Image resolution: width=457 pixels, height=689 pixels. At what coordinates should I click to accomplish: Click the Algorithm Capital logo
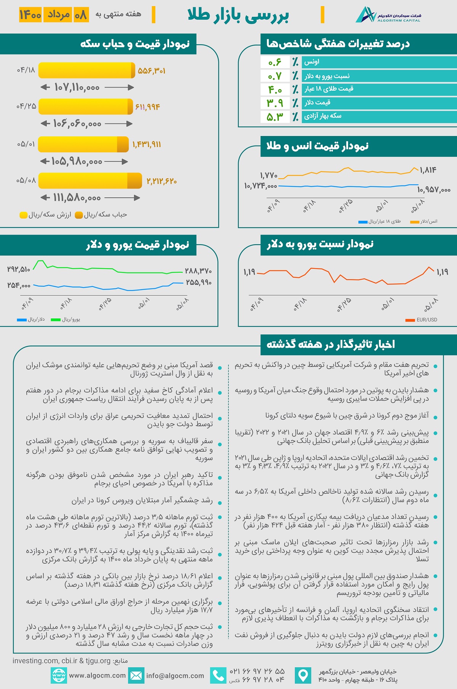click(388, 15)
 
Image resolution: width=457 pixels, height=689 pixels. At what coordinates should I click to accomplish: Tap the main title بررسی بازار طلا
click(238, 15)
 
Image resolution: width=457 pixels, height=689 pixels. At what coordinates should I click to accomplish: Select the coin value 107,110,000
click(77, 88)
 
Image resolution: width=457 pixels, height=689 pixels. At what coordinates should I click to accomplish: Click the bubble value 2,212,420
click(161, 181)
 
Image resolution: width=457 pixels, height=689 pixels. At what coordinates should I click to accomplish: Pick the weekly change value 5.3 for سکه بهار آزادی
click(275, 117)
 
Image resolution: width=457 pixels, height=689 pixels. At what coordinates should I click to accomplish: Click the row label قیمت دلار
click(317, 102)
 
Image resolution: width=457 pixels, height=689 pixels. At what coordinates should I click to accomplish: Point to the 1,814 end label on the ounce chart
click(428, 170)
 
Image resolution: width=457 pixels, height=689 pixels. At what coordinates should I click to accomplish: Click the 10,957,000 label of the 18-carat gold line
click(434, 189)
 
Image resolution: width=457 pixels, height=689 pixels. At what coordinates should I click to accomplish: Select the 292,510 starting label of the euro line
click(19, 269)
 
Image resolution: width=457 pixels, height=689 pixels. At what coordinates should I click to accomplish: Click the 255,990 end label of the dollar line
click(198, 283)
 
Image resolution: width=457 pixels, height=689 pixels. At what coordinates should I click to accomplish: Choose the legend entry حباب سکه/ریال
click(101, 215)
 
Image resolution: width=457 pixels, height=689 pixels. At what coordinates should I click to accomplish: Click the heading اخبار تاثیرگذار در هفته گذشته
click(331, 344)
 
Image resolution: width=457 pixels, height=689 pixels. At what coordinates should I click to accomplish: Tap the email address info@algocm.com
click(175, 676)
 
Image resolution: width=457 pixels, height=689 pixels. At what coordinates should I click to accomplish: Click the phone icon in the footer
click(218, 675)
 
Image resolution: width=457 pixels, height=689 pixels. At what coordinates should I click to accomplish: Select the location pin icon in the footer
click(303, 675)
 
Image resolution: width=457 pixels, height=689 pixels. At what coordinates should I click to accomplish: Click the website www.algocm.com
click(97, 675)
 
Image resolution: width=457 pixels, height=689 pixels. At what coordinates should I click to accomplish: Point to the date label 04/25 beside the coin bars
click(26, 106)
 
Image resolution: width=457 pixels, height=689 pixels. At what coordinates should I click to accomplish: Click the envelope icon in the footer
click(136, 676)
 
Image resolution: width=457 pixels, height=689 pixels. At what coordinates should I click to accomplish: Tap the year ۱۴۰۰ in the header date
click(30, 15)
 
